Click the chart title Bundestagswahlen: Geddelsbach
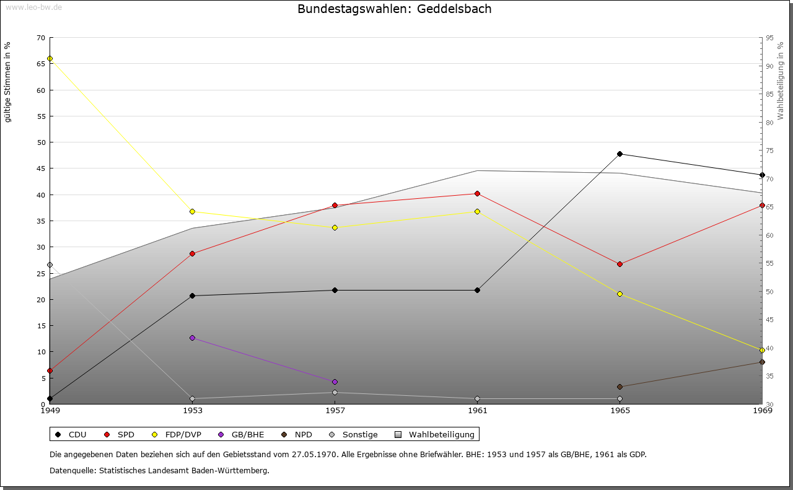[394, 9]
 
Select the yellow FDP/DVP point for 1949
[50, 59]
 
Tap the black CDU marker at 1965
[620, 154]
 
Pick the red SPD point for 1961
[477, 193]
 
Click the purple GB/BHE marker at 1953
[192, 338]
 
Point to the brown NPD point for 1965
[620, 387]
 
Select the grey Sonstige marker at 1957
[335, 392]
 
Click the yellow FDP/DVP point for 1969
[762, 350]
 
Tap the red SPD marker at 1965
[620, 264]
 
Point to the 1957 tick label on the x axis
[335, 410]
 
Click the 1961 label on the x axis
[477, 410]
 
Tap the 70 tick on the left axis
[40, 38]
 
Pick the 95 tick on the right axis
[769, 38]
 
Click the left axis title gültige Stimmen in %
[7, 82]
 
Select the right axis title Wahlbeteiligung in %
[781, 81]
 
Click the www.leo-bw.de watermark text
[33, 7]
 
